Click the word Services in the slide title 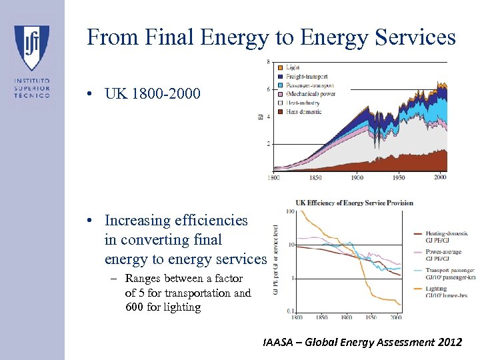tap(412, 37)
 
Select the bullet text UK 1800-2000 tap(152, 93)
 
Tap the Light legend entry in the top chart tap(293, 67)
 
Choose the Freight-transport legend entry tap(306, 76)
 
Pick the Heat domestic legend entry tap(303, 111)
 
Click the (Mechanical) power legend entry tap(310, 94)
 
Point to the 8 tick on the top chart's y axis tap(269, 62)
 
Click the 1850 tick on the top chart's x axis tap(315, 177)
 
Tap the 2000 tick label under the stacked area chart tap(439, 177)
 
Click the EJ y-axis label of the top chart tap(261, 117)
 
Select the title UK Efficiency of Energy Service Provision tap(354, 203)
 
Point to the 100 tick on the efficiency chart tap(289, 212)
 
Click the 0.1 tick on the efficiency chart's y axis tap(289, 311)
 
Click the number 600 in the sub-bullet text tap(136, 307)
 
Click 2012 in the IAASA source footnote tap(447, 343)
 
